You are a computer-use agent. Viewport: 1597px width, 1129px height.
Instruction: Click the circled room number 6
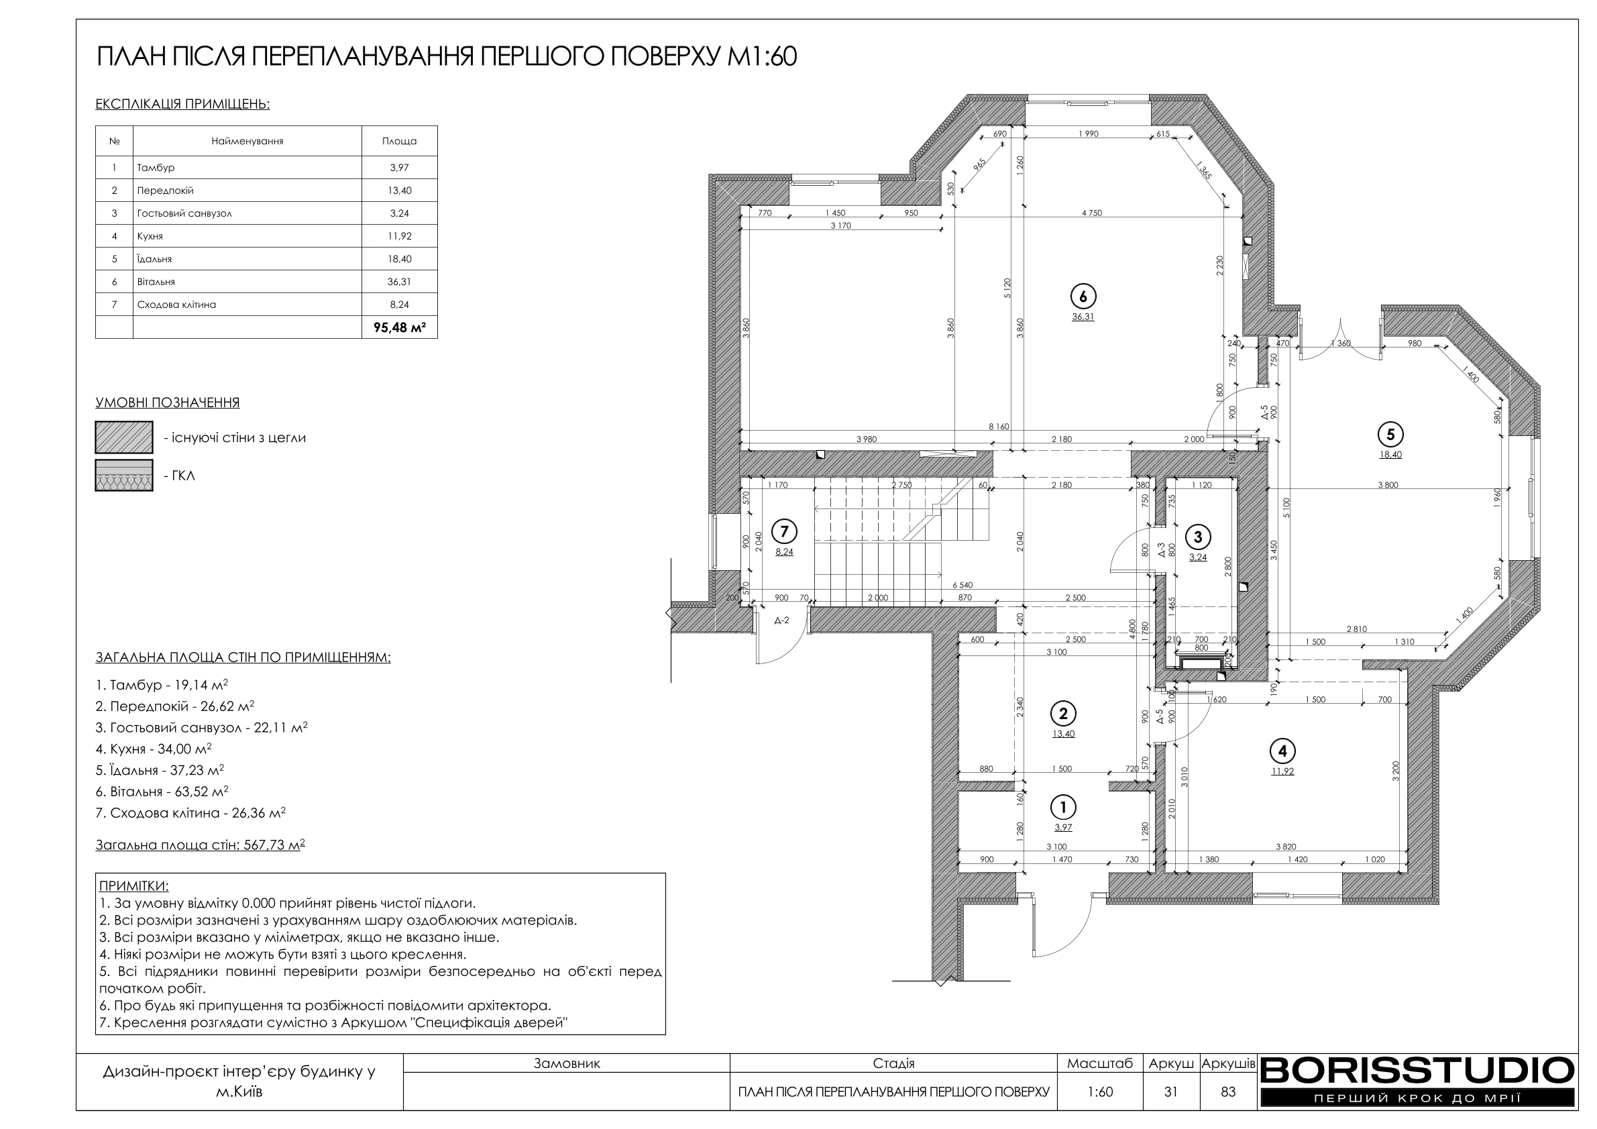coord(1083,297)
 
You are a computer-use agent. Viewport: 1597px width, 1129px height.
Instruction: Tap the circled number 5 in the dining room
coord(1390,435)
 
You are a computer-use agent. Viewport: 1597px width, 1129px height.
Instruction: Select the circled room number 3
coord(1198,537)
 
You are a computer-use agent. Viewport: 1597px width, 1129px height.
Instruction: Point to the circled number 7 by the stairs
coord(785,532)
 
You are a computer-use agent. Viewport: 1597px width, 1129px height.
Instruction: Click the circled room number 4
coord(1282,751)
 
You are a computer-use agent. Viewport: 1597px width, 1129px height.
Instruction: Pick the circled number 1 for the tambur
coord(1063,807)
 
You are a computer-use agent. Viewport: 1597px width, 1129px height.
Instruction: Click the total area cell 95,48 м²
coord(399,327)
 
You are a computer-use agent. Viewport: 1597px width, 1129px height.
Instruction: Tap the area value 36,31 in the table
coord(399,282)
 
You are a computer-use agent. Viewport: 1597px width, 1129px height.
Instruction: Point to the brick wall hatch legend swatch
coord(124,437)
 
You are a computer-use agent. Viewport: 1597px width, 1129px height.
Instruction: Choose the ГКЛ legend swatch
coord(124,475)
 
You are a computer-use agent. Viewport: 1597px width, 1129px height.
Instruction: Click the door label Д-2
coord(782,621)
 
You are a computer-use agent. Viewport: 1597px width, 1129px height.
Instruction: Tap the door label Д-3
coord(1161,551)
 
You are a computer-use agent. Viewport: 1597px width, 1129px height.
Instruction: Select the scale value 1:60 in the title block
coord(1100,1092)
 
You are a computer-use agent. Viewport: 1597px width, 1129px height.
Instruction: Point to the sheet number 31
coord(1170,1092)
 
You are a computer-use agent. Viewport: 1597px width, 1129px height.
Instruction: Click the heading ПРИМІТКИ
coord(133,886)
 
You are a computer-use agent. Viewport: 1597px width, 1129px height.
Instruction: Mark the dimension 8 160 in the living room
coord(999,427)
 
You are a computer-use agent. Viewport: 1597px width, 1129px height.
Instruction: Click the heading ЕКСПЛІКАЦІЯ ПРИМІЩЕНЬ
coord(182,105)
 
